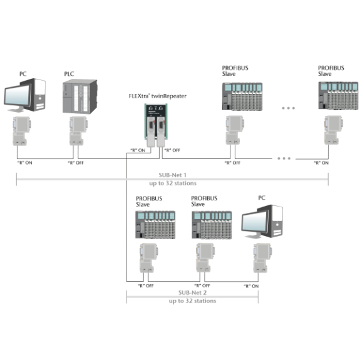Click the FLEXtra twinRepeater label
point(158,96)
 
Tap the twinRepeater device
point(156,125)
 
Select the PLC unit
point(80,96)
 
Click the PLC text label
point(69,74)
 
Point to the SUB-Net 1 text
point(172,175)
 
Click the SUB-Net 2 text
point(192,292)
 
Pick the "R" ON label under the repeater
point(138,150)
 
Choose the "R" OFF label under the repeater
point(172,150)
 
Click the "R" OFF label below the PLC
point(76,163)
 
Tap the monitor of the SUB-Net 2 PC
point(255,224)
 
